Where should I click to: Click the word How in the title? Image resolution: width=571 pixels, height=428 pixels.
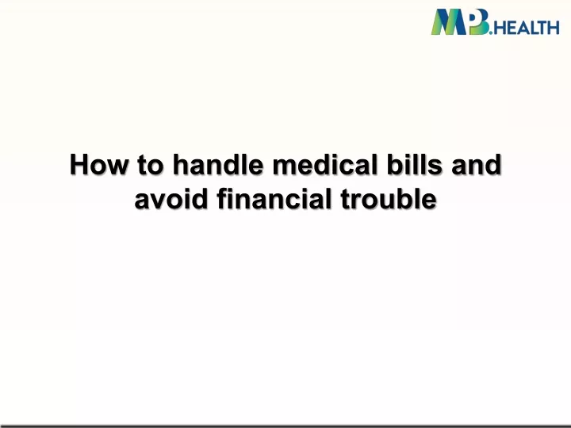click(99, 165)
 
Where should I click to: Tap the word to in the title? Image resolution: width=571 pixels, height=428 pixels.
click(151, 165)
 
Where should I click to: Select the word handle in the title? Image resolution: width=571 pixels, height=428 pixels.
click(218, 164)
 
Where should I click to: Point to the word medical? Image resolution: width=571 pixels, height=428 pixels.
click(324, 164)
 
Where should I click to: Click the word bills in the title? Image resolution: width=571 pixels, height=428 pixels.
click(414, 164)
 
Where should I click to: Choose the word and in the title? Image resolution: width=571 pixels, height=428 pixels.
click(477, 164)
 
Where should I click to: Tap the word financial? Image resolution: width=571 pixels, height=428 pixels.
click(274, 199)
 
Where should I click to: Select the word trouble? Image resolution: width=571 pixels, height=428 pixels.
click(389, 199)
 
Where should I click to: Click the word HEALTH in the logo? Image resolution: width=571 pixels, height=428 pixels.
click(527, 28)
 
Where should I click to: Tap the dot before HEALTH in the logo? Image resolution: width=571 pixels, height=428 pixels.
click(491, 32)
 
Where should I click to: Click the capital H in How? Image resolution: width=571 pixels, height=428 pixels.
click(79, 165)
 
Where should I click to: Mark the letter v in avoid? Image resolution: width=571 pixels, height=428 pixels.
click(159, 201)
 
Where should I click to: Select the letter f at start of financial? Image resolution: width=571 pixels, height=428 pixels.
click(223, 199)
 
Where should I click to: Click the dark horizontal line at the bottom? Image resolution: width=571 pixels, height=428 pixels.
click(285, 426)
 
